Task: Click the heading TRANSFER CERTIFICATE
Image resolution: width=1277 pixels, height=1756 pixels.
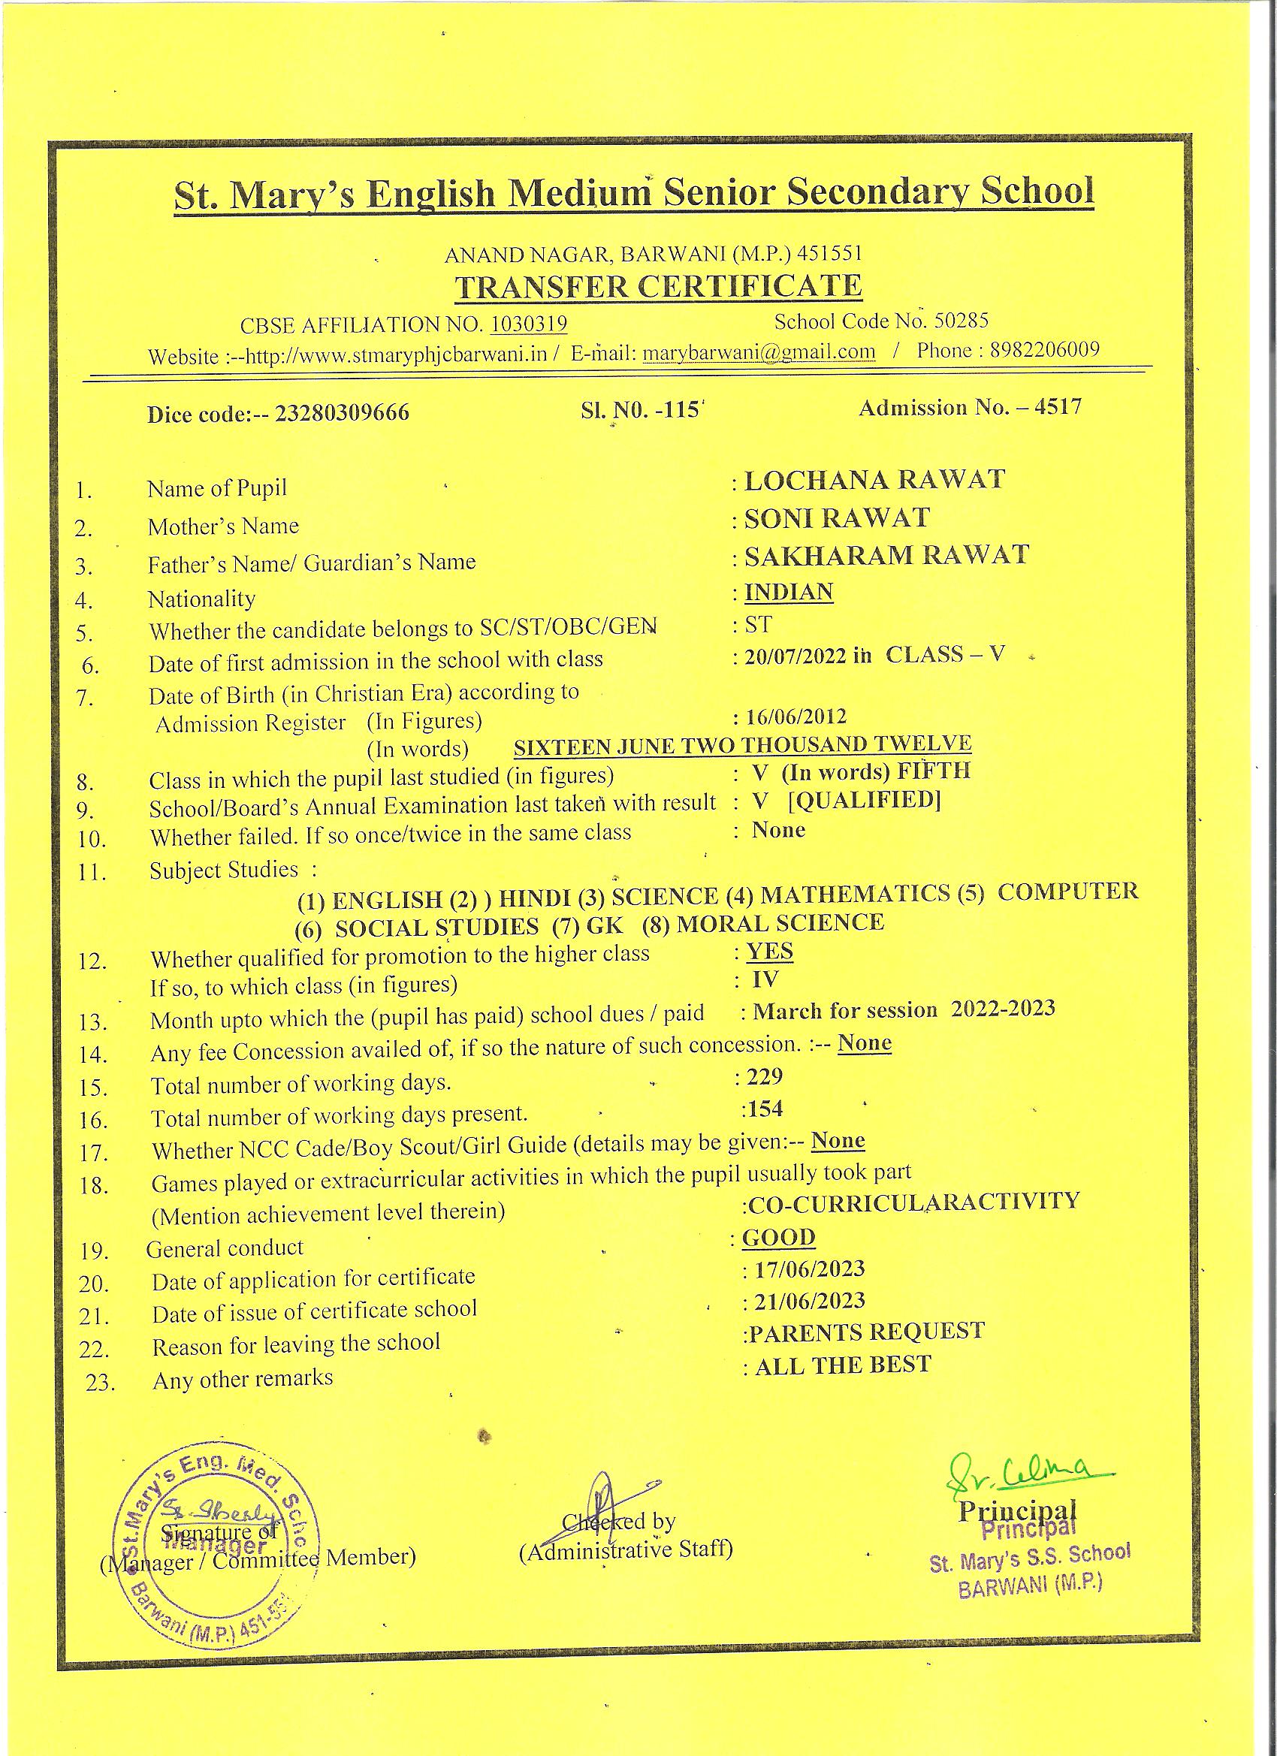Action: (x=658, y=286)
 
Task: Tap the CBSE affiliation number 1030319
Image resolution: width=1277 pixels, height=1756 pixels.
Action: (x=530, y=323)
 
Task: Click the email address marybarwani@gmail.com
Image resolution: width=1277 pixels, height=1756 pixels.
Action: (x=759, y=352)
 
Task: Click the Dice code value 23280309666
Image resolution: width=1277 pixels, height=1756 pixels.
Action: (x=343, y=413)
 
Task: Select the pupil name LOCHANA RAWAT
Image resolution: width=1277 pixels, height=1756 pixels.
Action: (x=874, y=480)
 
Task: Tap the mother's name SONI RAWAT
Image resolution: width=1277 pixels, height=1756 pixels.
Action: (x=836, y=518)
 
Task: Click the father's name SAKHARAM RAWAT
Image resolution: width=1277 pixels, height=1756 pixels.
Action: (x=886, y=555)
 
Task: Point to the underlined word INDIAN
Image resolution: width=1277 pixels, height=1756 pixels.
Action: (x=788, y=593)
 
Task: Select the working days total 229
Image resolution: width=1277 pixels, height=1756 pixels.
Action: (x=765, y=1076)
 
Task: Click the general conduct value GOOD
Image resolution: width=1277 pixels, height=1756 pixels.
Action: (x=778, y=1237)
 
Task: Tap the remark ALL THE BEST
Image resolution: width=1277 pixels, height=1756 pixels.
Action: (x=843, y=1365)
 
